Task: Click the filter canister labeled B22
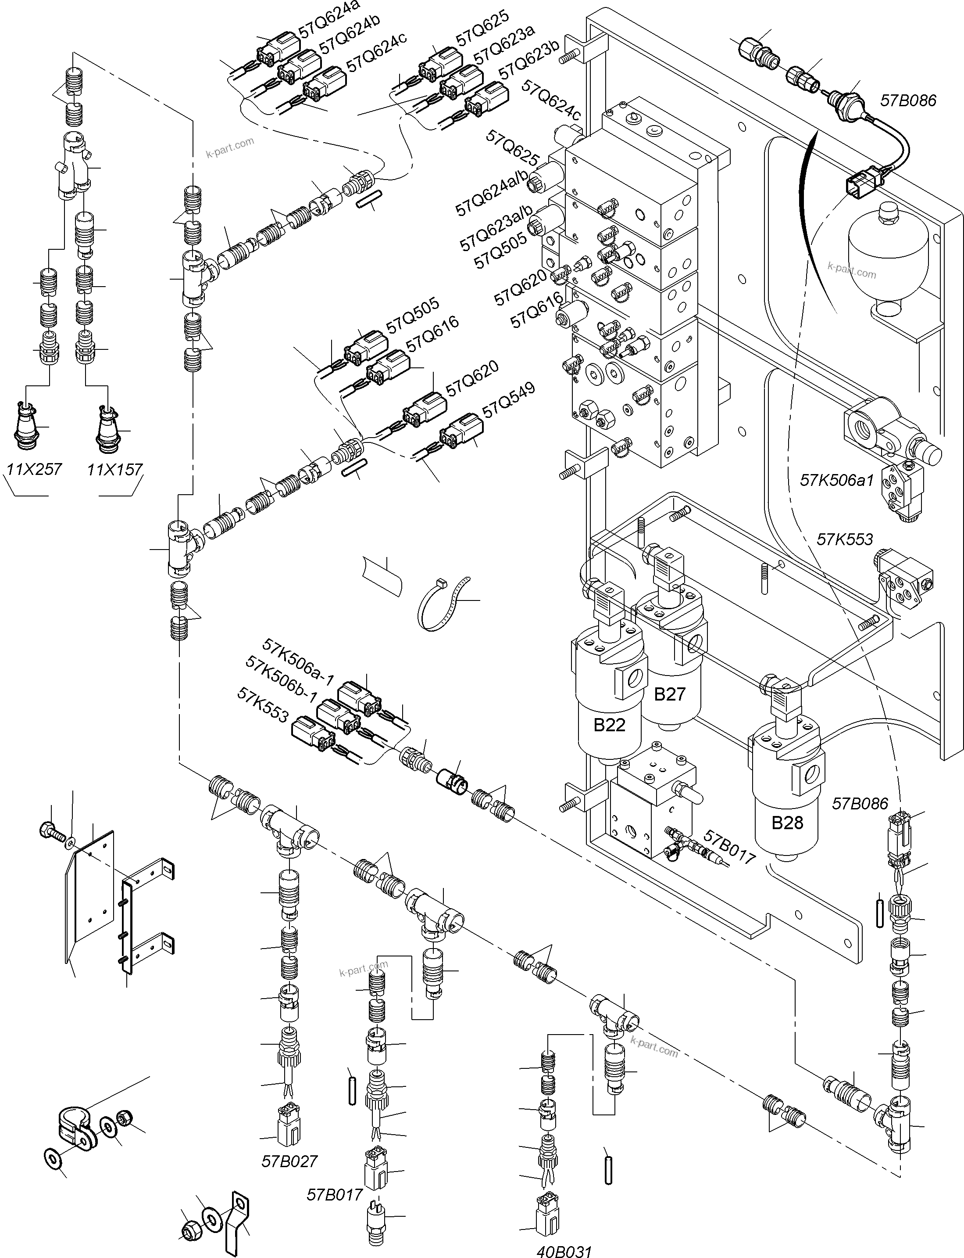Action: point(609,712)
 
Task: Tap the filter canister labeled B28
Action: point(787,815)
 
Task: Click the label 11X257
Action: point(34,469)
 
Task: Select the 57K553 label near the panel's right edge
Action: point(845,539)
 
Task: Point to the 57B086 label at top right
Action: point(908,101)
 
